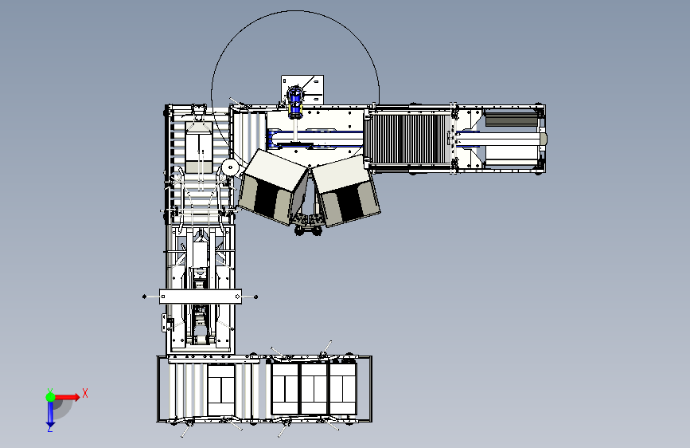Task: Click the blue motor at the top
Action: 294,102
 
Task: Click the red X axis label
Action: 85,393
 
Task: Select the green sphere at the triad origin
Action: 51,397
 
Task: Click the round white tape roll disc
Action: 230,167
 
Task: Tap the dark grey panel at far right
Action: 511,120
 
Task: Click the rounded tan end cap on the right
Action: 544,139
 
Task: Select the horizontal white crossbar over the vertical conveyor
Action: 201,297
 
